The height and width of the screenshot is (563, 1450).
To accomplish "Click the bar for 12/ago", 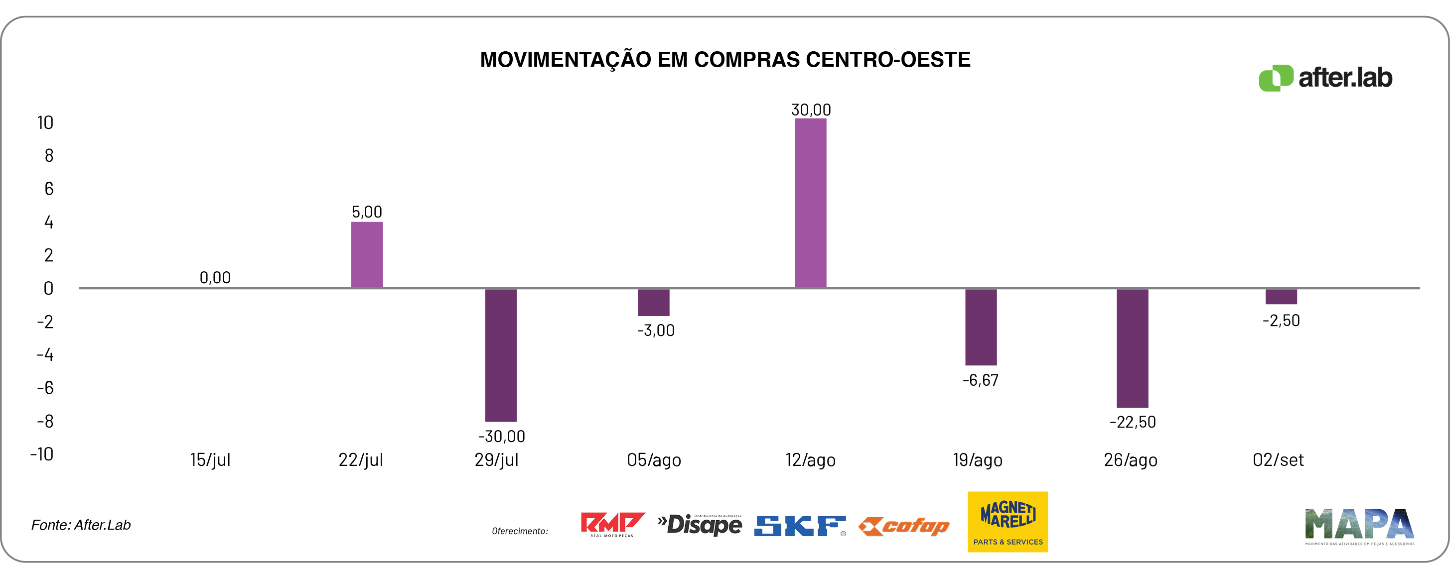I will [810, 203].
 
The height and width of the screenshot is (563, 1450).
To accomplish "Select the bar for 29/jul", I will [500, 355].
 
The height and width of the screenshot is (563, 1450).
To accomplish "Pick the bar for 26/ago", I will [1132, 348].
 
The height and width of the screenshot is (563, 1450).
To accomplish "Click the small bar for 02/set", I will [1281, 296].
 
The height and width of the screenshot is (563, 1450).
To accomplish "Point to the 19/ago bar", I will [981, 327].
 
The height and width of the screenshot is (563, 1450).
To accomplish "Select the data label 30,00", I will [811, 110].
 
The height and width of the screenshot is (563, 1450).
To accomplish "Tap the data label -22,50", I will [1132, 422].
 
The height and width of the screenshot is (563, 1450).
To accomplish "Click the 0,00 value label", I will [215, 277].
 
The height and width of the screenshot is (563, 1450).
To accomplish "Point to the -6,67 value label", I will [980, 380].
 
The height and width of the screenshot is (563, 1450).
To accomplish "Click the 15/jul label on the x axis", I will [210, 460].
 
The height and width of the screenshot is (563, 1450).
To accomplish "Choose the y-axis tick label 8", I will [49, 156].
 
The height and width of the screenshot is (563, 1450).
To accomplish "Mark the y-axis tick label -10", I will [42, 454].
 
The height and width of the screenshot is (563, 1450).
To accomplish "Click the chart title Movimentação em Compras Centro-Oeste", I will [725, 60].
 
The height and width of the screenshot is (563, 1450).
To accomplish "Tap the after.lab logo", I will [1325, 78].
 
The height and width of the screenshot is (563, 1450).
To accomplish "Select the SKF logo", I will [799, 526].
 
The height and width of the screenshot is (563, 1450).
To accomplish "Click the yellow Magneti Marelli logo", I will [1007, 521].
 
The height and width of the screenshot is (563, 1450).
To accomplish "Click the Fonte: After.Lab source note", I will [81, 525].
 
